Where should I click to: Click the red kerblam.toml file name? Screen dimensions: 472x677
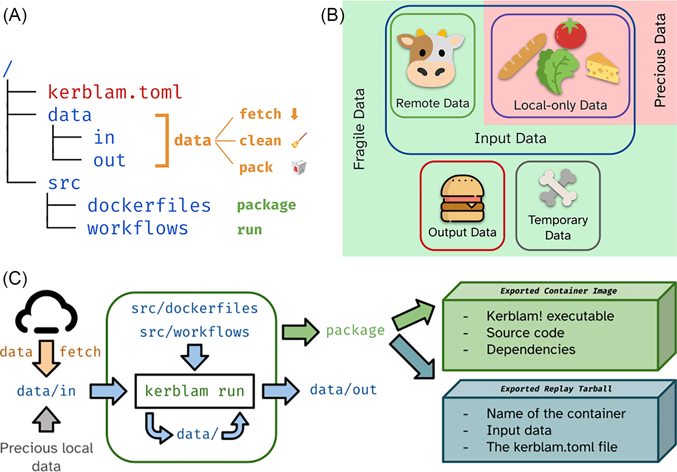115,92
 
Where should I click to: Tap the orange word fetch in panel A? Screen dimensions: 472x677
260,114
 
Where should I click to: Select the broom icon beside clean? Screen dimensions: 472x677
299,141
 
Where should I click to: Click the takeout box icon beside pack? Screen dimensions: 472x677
299,167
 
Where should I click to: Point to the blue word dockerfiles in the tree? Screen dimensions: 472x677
149,205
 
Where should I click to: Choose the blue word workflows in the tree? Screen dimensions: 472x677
138,228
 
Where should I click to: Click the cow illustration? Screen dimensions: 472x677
431,59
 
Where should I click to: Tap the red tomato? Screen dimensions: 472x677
570,34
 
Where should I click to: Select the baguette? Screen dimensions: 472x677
522,56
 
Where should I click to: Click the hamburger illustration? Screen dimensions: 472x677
462,199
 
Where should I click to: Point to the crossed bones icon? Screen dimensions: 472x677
558,188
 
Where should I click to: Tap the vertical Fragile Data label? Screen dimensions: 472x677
359,129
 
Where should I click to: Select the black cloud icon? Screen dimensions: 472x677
47,312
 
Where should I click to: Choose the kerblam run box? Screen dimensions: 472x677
194,391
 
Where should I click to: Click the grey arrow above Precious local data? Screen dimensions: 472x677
47,419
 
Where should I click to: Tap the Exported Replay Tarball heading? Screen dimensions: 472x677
556,389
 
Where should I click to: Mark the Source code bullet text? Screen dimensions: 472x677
525,333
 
